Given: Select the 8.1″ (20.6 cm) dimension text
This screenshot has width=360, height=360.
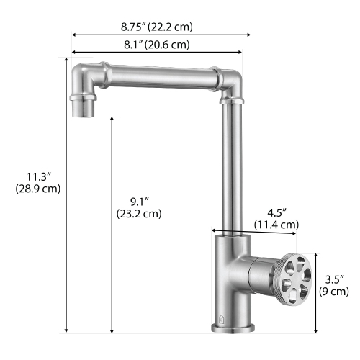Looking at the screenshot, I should coord(156,45).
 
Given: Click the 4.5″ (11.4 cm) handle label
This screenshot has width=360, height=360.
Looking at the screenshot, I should coord(276,219).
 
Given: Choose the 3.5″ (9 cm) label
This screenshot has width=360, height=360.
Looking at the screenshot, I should coord(335,286).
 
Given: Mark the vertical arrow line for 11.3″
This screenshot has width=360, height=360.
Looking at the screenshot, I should coord(67,216).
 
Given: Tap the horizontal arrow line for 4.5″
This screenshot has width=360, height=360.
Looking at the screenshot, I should coord(253,232).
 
